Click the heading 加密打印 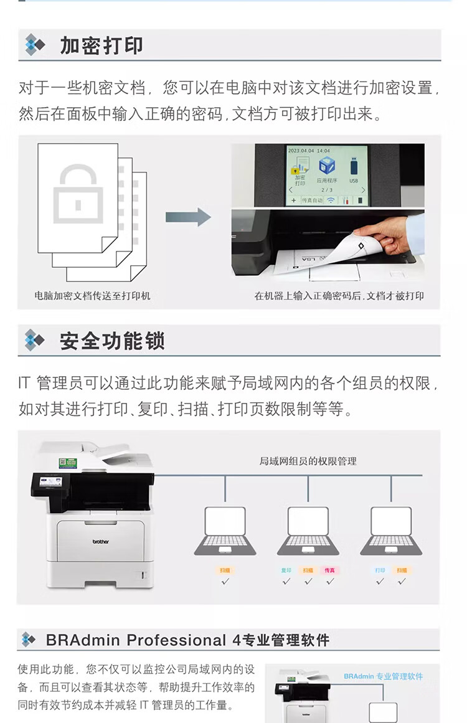point(101,45)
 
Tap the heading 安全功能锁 point(112,341)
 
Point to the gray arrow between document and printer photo point(188,217)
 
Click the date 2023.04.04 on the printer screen point(301,151)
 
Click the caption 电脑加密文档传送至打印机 point(92,296)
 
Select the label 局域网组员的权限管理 point(308,461)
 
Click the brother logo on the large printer point(100,541)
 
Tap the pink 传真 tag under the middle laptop point(329,570)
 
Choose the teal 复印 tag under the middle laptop point(286,570)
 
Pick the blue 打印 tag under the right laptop point(380,570)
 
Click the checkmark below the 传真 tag point(330,581)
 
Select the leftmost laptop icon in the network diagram point(225,530)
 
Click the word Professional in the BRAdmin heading point(176,640)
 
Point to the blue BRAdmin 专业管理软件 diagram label point(383,676)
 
